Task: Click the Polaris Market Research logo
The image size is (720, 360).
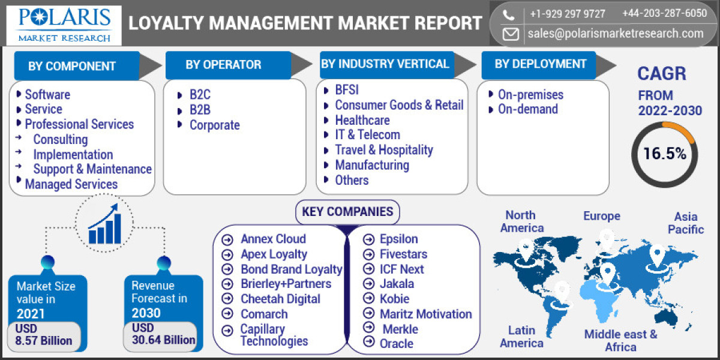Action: pos(64,24)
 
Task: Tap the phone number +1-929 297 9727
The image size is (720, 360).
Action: pos(567,13)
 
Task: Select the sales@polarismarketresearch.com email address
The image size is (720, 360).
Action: pos(616,34)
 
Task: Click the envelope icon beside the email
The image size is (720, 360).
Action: pos(511,34)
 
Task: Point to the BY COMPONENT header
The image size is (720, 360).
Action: pos(72,66)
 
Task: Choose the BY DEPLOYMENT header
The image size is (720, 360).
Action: pos(540,64)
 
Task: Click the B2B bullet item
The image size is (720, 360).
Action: pos(200,110)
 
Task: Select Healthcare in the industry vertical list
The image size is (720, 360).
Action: pos(362,120)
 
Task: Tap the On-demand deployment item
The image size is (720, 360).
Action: pos(527,109)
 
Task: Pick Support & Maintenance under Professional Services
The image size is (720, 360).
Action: pos(92,169)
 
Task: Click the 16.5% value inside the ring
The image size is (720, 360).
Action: pos(664,154)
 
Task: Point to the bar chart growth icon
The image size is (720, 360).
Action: pos(104,224)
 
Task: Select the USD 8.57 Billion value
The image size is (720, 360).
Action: pos(44,335)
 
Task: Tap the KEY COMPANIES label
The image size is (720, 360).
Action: pos(347,211)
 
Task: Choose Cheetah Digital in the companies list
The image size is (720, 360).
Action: pos(280,299)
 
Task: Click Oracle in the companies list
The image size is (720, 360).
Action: pos(396,343)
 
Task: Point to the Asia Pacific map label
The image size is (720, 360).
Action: pos(685,223)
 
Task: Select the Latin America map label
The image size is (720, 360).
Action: pos(521,337)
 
